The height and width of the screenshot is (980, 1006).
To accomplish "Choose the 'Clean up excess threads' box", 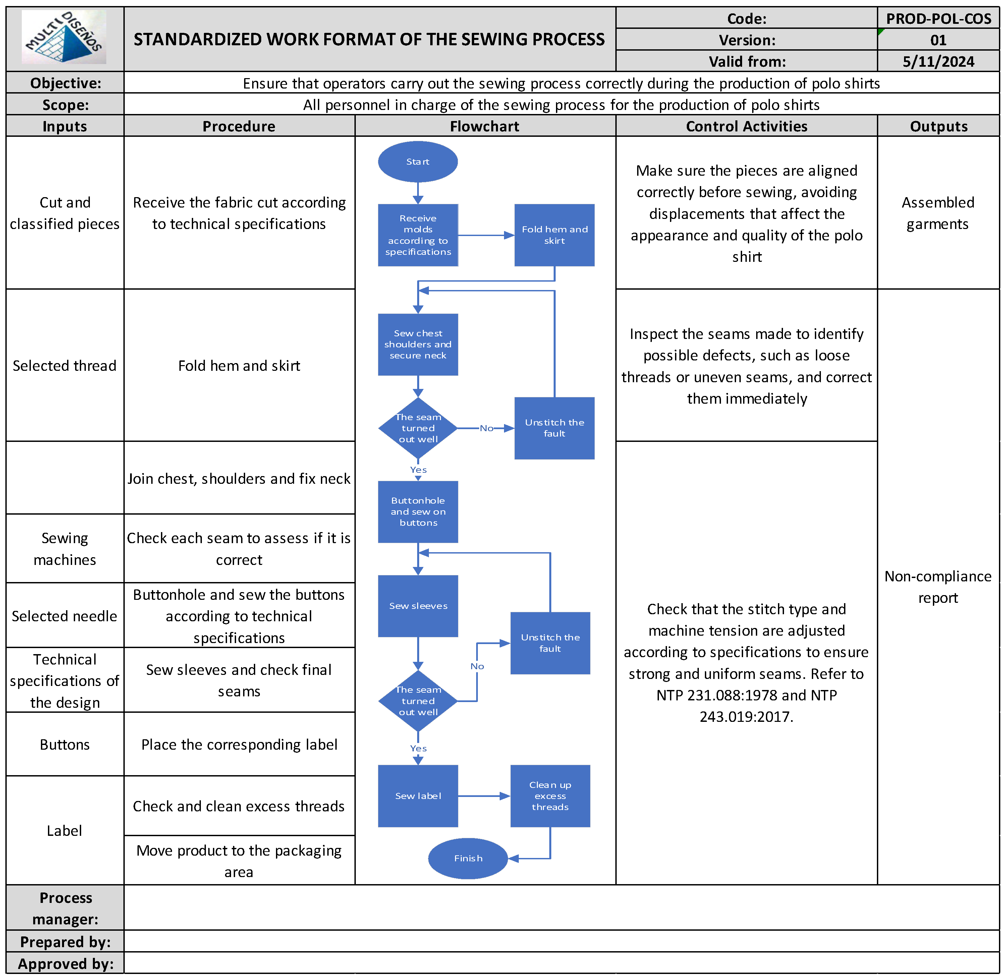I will tap(550, 796).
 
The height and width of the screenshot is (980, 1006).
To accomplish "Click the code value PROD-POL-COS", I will tap(938, 18).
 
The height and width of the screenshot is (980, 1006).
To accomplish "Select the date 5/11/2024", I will tap(938, 62).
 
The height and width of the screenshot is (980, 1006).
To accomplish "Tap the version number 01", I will tap(938, 40).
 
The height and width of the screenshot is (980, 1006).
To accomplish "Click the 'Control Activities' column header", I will tap(746, 126).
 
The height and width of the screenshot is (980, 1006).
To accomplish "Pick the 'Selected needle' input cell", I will tap(64, 616).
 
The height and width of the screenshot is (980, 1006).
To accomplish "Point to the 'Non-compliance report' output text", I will tap(938, 587).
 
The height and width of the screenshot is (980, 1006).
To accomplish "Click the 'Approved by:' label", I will tap(65, 964).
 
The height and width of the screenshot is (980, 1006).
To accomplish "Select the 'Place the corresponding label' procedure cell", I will tap(239, 745).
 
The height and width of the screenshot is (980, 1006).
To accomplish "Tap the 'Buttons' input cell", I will tap(64, 745).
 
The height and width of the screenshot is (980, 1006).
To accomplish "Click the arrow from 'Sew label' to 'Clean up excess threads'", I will tap(484, 796).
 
